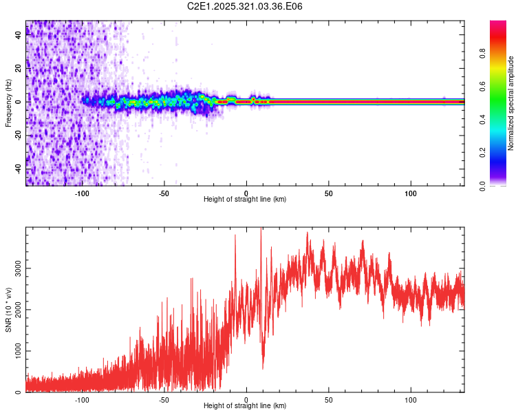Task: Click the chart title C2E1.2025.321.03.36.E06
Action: pyautogui.click(x=245, y=7)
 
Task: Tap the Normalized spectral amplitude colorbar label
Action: pyautogui.click(x=511, y=103)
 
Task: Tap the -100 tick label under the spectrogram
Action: pyautogui.click(x=82, y=193)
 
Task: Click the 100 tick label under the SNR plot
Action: pyautogui.click(x=411, y=400)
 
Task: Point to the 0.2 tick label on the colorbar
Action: pyautogui.click(x=501, y=152)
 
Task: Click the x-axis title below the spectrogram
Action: pyautogui.click(x=245, y=200)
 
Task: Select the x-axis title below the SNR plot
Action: pyautogui.click(x=245, y=406)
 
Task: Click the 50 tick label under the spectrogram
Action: pyautogui.click(x=329, y=193)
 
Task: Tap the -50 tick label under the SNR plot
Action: pyautogui.click(x=164, y=400)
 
